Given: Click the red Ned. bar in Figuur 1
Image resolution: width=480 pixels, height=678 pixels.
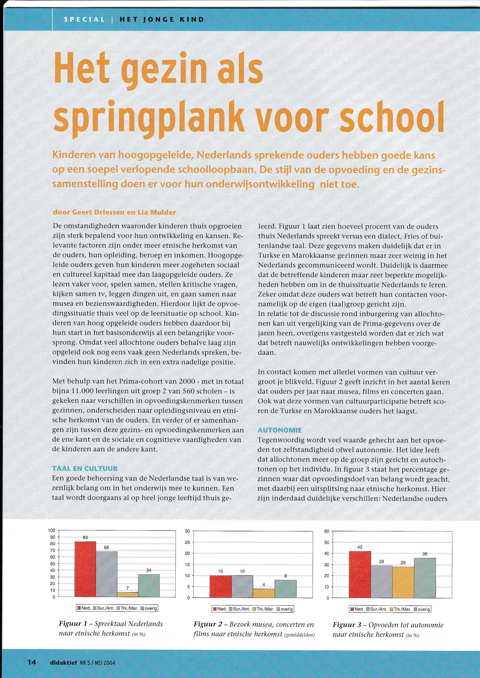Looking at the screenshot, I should pos(85,569).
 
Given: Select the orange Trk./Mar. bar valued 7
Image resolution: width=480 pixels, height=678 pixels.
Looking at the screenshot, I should pos(127,594).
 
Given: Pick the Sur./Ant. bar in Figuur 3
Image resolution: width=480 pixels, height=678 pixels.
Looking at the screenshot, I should pos(382,582).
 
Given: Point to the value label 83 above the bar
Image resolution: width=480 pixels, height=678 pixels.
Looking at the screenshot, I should pos(85,538).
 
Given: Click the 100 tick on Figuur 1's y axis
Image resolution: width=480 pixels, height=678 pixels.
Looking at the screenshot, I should pos(51,530).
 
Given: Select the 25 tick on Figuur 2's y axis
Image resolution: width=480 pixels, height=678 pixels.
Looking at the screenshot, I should pos(187,542).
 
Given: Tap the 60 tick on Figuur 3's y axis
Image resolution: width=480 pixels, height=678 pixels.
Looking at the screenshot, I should pos(326,531).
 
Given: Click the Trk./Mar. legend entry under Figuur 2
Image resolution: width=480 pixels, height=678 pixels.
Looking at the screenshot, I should pos(262,609).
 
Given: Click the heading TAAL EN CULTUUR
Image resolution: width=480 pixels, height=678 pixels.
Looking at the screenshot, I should pos(85,468).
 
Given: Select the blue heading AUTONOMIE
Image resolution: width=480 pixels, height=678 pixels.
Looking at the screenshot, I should pos(280,430).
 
